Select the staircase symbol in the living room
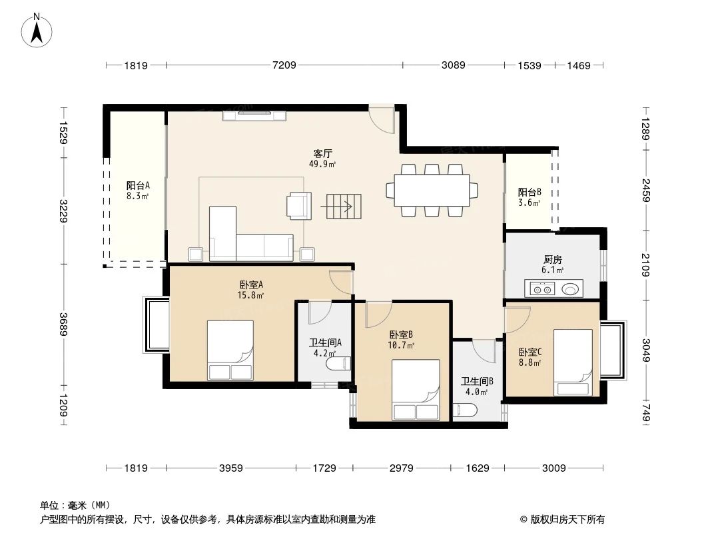point(340,207)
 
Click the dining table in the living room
point(432,190)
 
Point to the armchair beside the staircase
point(298,205)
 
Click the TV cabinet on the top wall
point(255,115)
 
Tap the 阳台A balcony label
point(138,186)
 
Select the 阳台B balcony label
point(530,192)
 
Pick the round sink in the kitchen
point(571,289)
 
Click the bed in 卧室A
point(230,350)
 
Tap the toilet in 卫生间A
point(337,364)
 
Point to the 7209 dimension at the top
point(284,65)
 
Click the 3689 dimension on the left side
point(64,324)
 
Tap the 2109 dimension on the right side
point(645,265)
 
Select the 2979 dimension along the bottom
point(402,468)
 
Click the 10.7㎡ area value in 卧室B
point(402,345)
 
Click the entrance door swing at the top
point(382,119)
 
